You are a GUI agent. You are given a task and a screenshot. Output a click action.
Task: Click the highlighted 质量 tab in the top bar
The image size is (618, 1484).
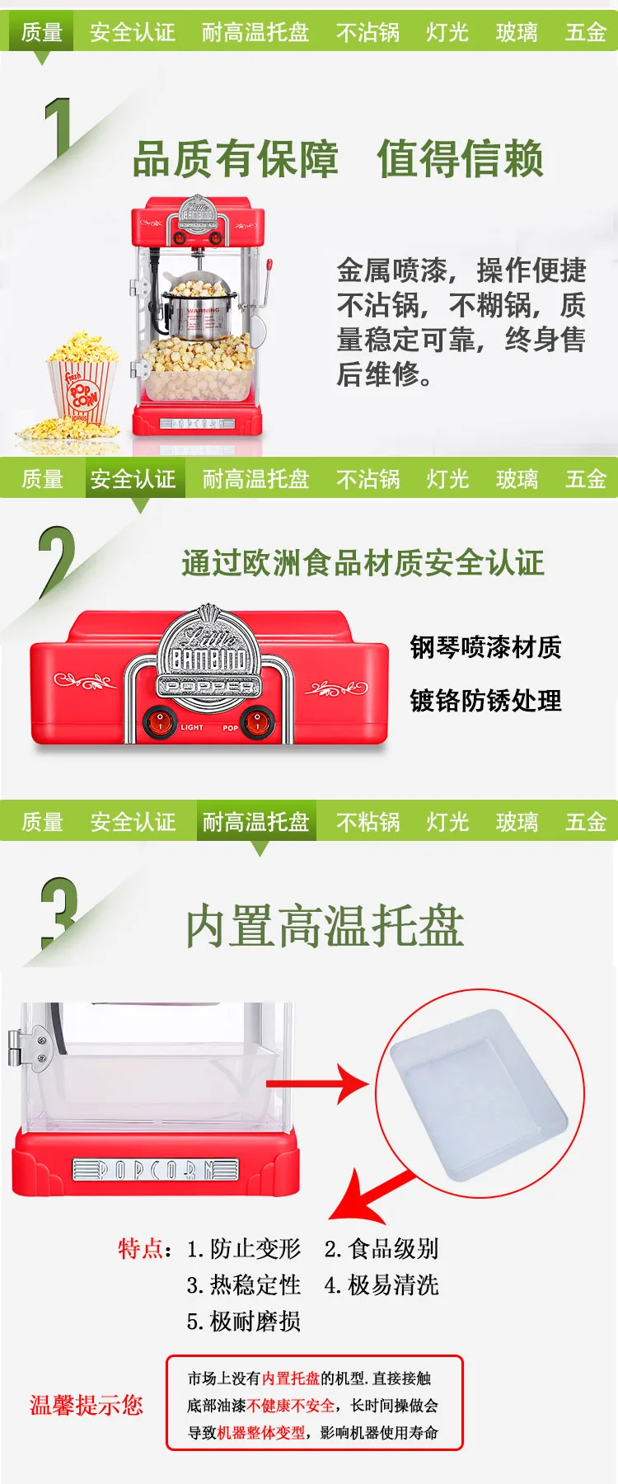41,32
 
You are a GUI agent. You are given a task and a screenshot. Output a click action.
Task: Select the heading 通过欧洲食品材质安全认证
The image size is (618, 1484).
363,563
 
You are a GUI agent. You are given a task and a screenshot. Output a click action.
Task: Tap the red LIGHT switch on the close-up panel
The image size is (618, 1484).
159,723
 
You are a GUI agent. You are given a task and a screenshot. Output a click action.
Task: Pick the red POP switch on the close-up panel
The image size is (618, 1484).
257,723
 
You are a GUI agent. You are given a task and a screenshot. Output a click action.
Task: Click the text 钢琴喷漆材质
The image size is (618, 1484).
486,647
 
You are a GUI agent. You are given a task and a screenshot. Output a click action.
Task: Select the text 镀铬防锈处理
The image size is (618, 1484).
486,701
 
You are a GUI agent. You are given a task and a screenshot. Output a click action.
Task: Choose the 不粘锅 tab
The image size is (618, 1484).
368,822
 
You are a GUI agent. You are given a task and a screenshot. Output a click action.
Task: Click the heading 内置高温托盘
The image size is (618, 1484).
325,925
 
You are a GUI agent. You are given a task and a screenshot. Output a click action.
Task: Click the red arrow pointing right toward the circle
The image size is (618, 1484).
317,1083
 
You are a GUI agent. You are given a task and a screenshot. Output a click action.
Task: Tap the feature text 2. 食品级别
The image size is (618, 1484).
382,1248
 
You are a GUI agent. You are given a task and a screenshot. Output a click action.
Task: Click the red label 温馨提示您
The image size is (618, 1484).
87,1405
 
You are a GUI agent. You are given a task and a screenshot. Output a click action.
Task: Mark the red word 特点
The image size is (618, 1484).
140,1248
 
